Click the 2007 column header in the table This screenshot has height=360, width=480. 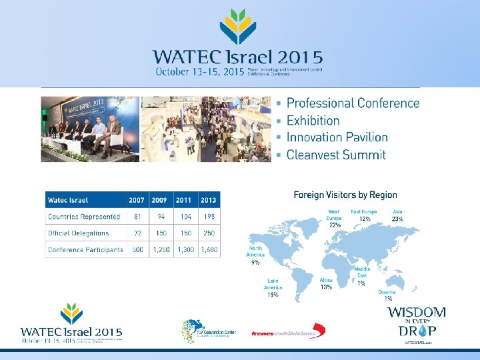[137, 200]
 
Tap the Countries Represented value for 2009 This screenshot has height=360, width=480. [160, 217]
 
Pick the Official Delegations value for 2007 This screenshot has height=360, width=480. [137, 233]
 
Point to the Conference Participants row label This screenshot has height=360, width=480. [85, 250]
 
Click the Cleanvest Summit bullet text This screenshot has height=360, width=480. [336, 155]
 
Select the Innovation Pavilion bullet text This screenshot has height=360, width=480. [337, 137]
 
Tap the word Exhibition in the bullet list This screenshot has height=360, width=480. [313, 121]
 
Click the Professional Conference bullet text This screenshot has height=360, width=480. [353, 103]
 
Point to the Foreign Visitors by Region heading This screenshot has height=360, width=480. [345, 195]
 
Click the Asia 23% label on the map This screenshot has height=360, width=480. [397, 215]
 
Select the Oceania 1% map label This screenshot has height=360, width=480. [387, 295]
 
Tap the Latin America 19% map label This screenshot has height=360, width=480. [273, 287]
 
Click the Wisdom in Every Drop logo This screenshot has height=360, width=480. [417, 324]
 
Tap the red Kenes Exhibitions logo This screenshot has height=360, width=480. [289, 331]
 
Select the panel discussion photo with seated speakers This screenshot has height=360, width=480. [90, 129]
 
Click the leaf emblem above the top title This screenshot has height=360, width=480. [237, 27]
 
